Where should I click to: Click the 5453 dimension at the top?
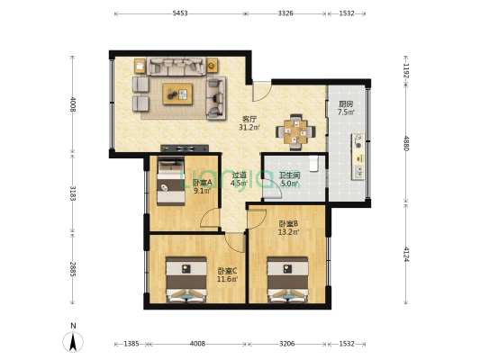click(x=180, y=13)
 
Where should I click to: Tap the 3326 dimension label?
click(x=285, y=13)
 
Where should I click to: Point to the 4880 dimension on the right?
click(x=405, y=143)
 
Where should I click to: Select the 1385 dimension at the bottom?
click(x=131, y=344)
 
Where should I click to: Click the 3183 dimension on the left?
click(x=73, y=193)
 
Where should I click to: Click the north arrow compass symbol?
click(x=73, y=342)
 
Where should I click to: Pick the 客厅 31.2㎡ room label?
click(x=249, y=123)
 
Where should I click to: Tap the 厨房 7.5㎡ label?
click(x=346, y=108)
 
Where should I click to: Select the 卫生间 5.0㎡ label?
click(x=289, y=179)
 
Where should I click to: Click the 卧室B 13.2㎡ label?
click(x=288, y=228)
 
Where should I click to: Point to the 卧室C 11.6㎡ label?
click(x=227, y=275)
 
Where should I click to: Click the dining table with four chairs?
click(x=295, y=132)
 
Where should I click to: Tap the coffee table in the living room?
click(x=177, y=94)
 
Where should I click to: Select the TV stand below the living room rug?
click(x=185, y=148)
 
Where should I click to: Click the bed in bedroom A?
click(x=171, y=181)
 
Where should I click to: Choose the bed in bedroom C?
click(x=186, y=280)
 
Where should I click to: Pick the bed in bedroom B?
click(x=287, y=280)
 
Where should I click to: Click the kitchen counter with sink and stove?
click(x=358, y=157)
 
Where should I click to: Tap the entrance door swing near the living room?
click(x=261, y=91)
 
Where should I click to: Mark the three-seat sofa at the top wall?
click(x=176, y=66)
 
